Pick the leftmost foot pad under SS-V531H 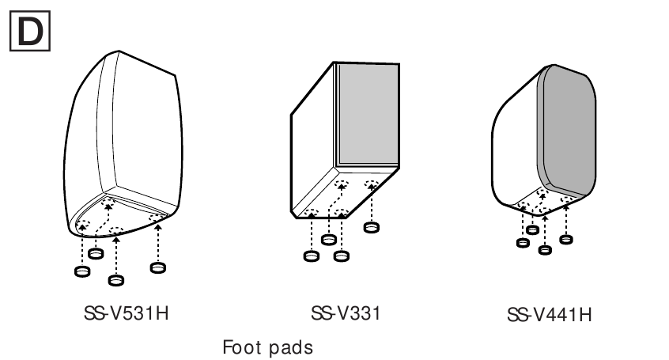[x=81, y=271]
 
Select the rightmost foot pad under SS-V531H [x=157, y=266]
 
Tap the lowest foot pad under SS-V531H [x=116, y=280]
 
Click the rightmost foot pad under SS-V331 [x=370, y=228]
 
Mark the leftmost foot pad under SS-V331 [x=311, y=256]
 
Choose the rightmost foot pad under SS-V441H [x=565, y=237]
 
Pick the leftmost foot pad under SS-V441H [x=522, y=241]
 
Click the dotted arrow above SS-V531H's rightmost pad [x=157, y=241]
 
